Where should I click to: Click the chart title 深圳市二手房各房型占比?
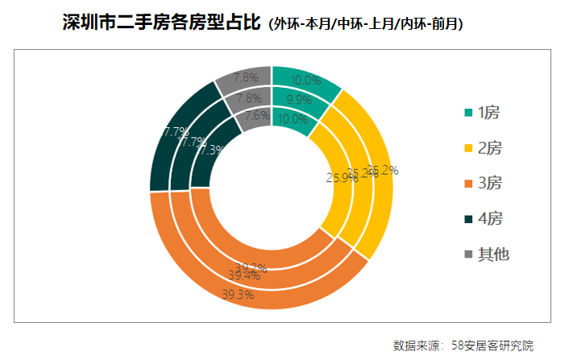[x=161, y=23]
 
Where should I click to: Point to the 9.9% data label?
[x=299, y=100]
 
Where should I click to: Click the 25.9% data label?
[x=342, y=178]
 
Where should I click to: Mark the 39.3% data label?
[x=238, y=295]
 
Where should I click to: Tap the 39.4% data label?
[x=243, y=275]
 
